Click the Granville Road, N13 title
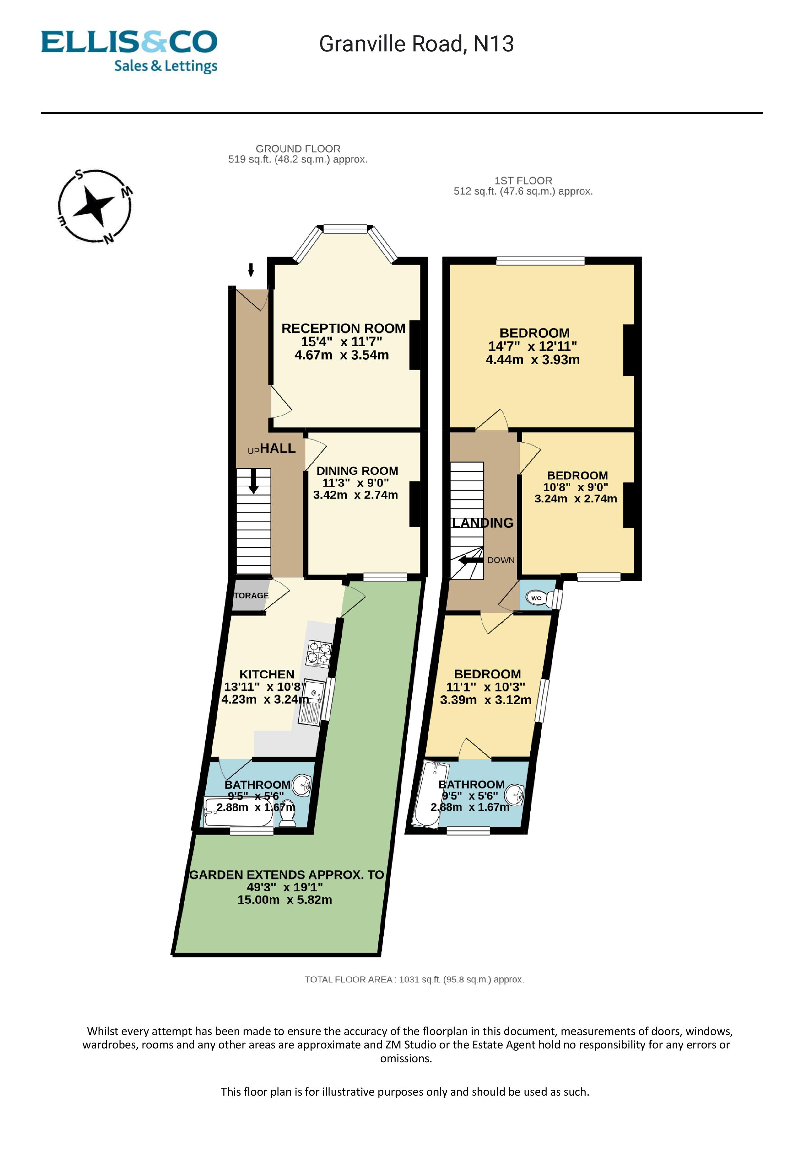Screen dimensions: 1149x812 click(416, 44)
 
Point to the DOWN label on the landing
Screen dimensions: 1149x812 click(501, 560)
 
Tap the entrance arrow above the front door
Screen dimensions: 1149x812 click(251, 270)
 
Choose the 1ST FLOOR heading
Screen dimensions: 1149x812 click(523, 181)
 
